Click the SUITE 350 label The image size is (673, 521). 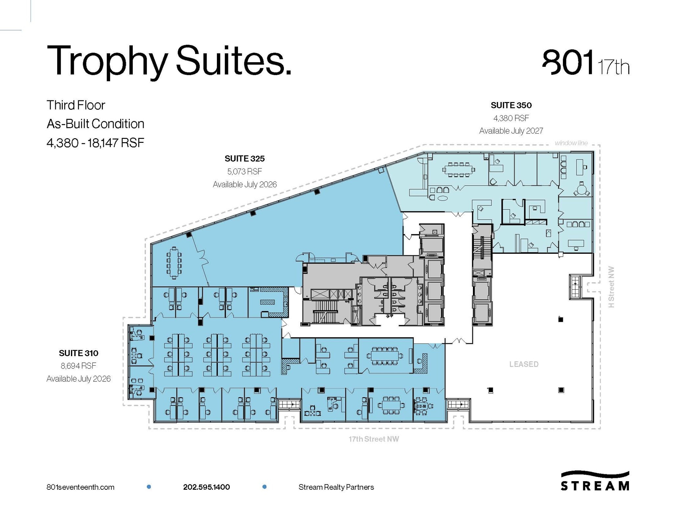pyautogui.click(x=511, y=105)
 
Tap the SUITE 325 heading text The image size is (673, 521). pyautogui.click(x=244, y=159)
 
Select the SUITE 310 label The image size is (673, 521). pyautogui.click(x=79, y=353)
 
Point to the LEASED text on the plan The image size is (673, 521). pyautogui.click(x=524, y=364)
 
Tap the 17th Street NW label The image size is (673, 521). pyautogui.click(x=374, y=439)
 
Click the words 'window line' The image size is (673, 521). pyautogui.click(x=571, y=143)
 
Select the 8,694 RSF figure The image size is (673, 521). pyautogui.click(x=79, y=366)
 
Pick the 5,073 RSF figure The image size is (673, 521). pyautogui.click(x=244, y=171)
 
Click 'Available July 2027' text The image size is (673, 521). pyautogui.click(x=511, y=131)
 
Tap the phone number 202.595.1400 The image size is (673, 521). pyautogui.click(x=206, y=487)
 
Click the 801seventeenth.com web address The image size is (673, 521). pyautogui.click(x=81, y=487)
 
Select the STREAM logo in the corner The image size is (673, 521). pyautogui.click(x=594, y=481)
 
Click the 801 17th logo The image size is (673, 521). pyautogui.click(x=585, y=64)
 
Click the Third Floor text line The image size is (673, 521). pyautogui.click(x=76, y=105)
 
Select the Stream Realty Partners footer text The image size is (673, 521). pyautogui.click(x=336, y=487)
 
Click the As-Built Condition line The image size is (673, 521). pyautogui.click(x=95, y=124)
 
